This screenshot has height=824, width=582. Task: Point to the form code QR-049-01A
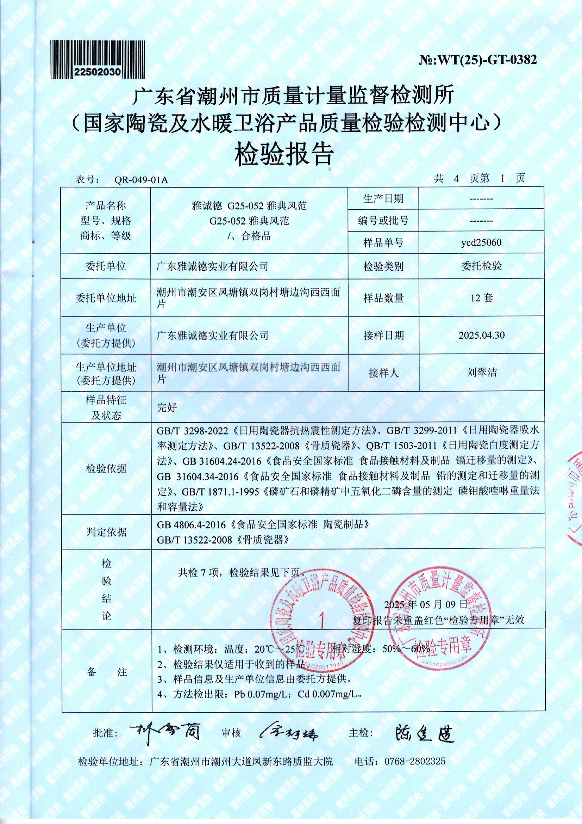point(141,180)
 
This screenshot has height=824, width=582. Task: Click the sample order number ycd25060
point(481,242)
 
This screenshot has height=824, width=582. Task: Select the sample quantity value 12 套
point(481,297)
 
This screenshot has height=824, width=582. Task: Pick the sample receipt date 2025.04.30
point(481,335)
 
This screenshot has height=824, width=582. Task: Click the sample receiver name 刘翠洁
point(481,372)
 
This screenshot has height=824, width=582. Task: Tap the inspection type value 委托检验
point(481,266)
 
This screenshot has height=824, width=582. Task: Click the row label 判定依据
point(106,532)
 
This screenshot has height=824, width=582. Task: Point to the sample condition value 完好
point(167,407)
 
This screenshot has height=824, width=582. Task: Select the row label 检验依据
point(106,468)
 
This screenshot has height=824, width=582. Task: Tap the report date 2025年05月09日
point(426,604)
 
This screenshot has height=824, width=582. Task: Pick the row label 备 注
point(106,672)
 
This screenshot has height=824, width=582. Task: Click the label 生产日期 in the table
point(383,198)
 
